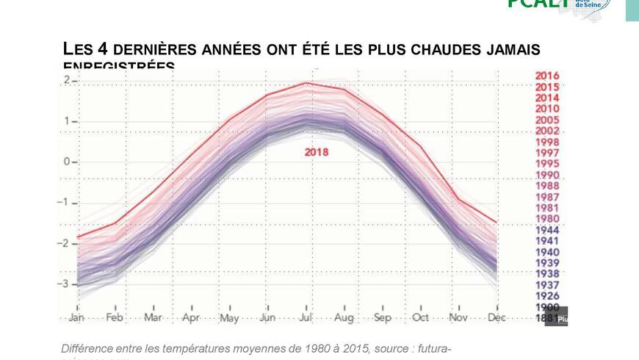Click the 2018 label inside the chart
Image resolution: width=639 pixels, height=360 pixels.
(x=317, y=153)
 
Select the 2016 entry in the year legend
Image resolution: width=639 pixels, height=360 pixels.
(x=547, y=76)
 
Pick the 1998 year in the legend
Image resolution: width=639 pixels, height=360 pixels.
(x=547, y=142)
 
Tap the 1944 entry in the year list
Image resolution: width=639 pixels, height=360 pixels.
(x=547, y=230)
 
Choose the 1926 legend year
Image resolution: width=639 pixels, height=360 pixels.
(x=547, y=296)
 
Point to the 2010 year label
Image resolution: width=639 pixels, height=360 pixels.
(x=547, y=109)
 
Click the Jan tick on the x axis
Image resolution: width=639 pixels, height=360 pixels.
(x=77, y=318)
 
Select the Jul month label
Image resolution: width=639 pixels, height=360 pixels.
(x=306, y=318)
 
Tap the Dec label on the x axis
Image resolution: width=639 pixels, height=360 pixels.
(x=497, y=318)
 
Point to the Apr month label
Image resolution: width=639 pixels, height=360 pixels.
(x=191, y=318)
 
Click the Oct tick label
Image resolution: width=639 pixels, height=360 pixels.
(x=421, y=318)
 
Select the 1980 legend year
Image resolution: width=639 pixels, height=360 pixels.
(x=547, y=219)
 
